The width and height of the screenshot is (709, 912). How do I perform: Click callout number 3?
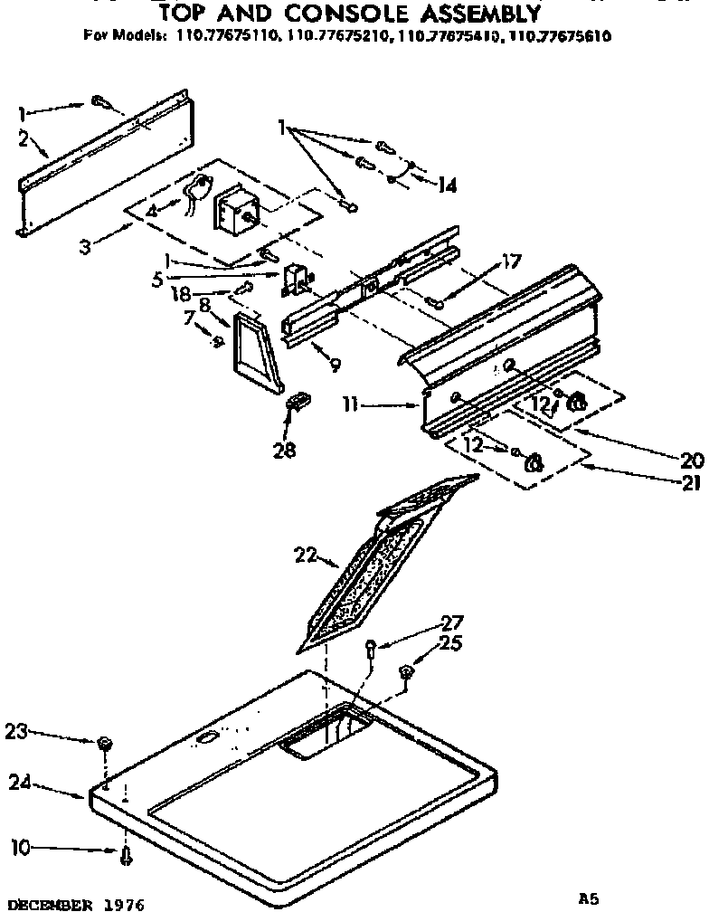(x=84, y=245)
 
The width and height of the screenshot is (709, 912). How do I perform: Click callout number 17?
(x=511, y=263)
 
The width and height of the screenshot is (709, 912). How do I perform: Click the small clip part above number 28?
(x=298, y=399)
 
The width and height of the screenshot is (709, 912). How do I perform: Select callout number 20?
(x=691, y=459)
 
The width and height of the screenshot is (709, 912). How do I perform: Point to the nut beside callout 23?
(x=104, y=743)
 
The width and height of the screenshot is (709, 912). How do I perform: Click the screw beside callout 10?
(x=125, y=853)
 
